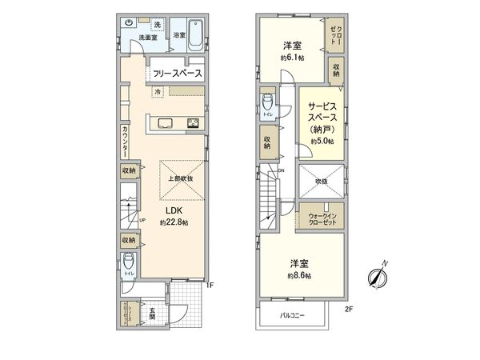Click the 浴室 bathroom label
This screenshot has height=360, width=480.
[x=178, y=35]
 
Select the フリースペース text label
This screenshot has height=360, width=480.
[x=173, y=74]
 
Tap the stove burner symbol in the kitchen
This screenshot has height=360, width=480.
[x=193, y=122]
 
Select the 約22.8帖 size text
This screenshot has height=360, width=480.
[x=174, y=222]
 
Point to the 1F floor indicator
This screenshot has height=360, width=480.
[x=210, y=283]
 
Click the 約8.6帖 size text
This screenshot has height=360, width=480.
[x=300, y=275]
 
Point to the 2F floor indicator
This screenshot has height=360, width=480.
[x=348, y=309]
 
